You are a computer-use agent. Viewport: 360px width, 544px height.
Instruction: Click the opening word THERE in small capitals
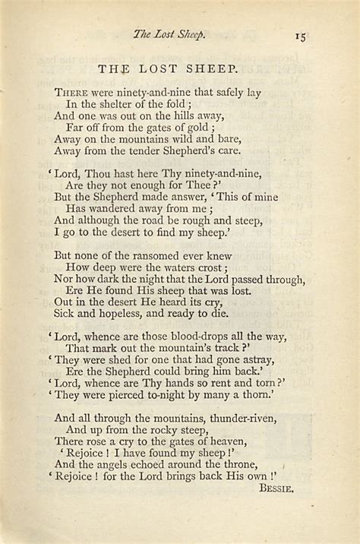click(70, 93)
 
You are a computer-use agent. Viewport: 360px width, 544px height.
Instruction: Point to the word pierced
click(132, 395)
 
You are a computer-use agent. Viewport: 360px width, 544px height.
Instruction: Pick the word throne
click(239, 465)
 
